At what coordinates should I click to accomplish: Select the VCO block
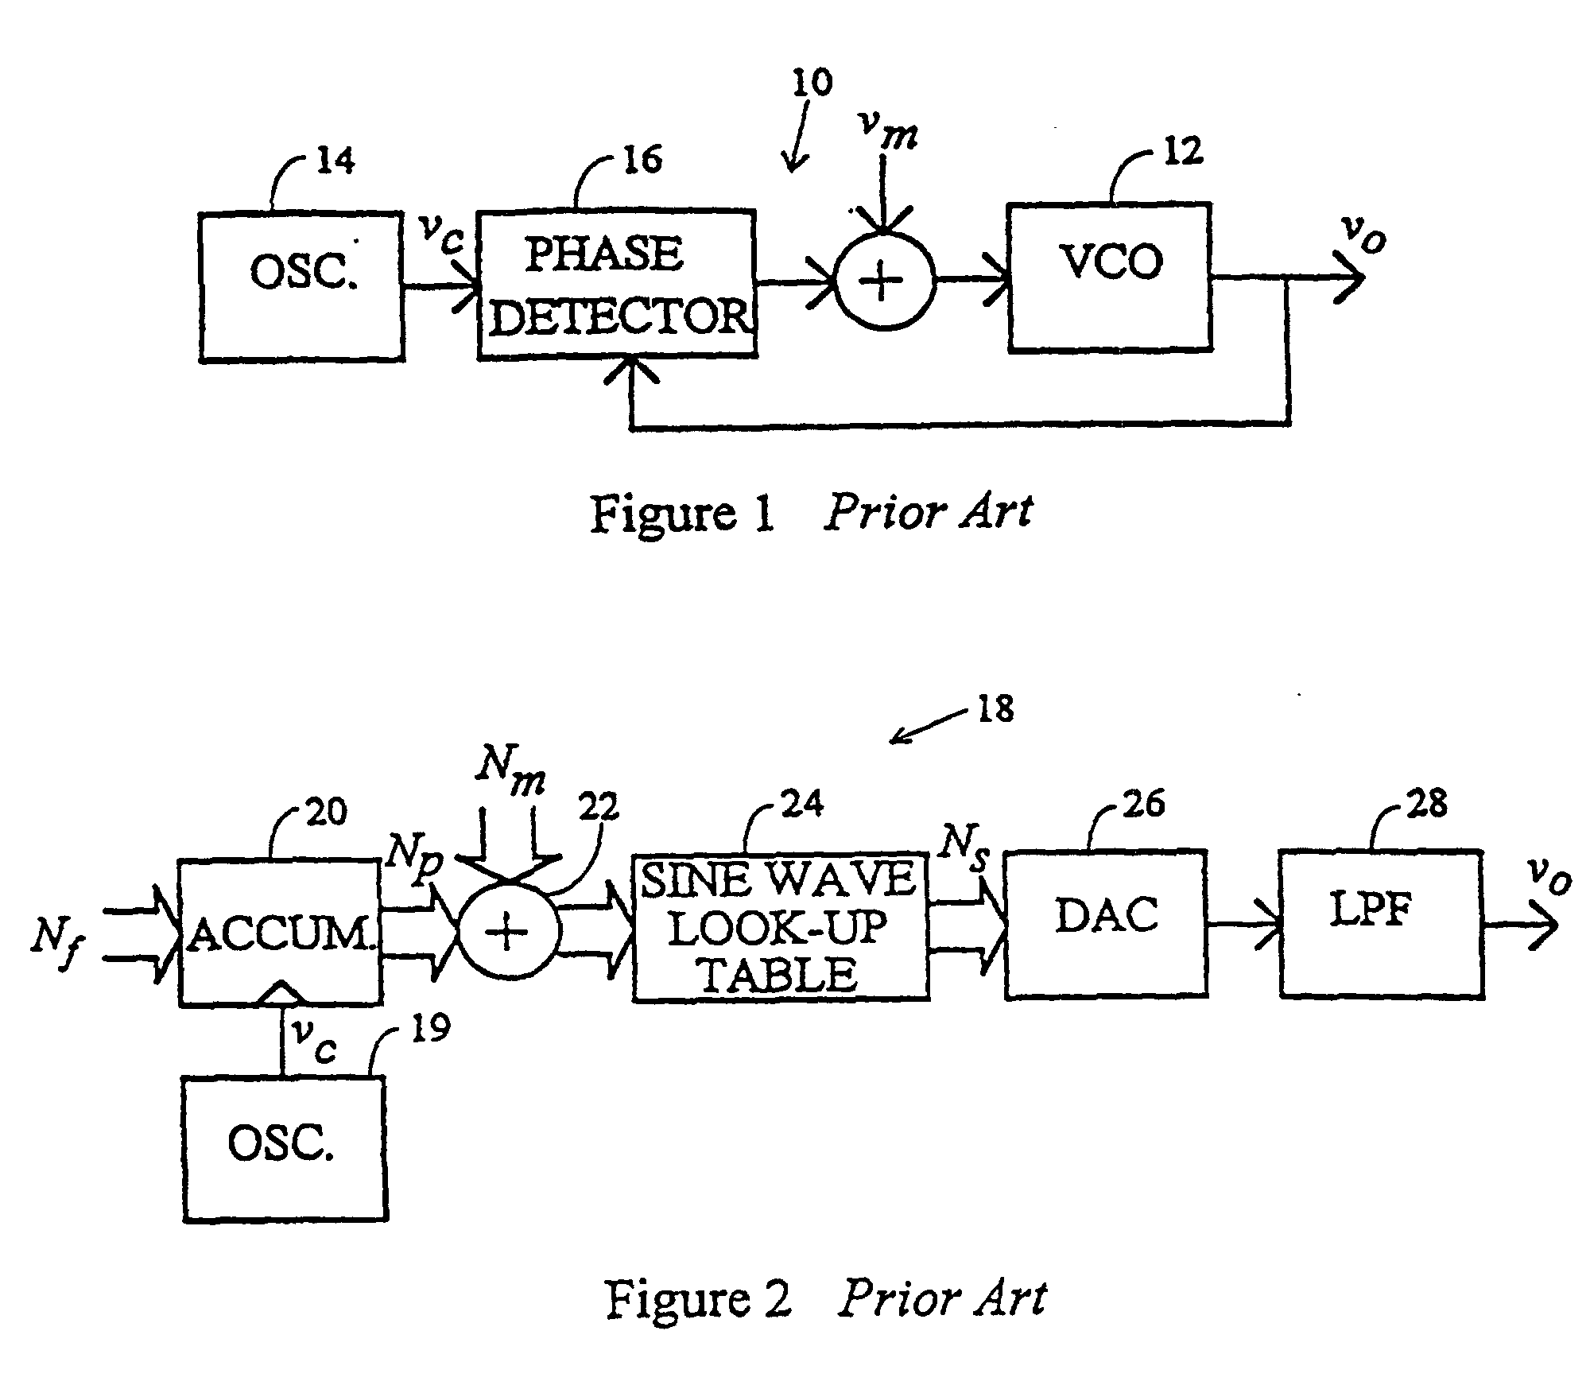[x=1110, y=277]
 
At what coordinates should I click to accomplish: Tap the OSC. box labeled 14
[x=301, y=286]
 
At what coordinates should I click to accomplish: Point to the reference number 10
[x=812, y=83]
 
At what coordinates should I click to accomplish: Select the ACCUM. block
[x=280, y=932]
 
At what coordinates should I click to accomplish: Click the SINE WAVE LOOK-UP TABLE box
[x=780, y=927]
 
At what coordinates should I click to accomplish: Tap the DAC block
[x=1106, y=924]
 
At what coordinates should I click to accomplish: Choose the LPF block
[x=1381, y=923]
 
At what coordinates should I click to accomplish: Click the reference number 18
[x=995, y=708]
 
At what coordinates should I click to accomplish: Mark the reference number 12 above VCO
[x=1182, y=150]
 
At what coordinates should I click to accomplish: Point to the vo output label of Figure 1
[x=1363, y=233]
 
